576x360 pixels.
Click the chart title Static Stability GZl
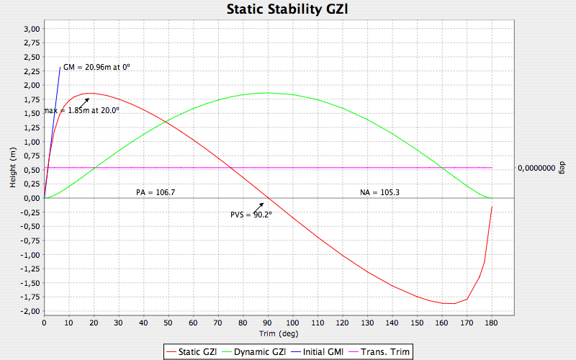point(288,9)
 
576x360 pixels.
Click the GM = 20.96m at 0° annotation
point(96,67)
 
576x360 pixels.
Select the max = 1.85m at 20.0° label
point(81,110)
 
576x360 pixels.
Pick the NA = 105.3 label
point(379,192)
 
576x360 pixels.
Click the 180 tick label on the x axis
point(491,323)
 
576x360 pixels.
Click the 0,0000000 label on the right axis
point(536,168)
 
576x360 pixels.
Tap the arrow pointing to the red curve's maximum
point(84,102)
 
